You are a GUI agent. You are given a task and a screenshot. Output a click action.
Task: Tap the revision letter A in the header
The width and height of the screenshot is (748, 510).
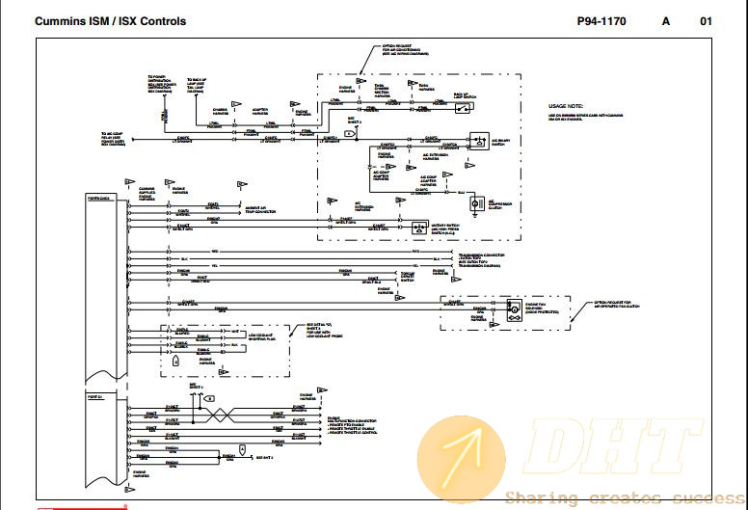pyautogui.click(x=665, y=21)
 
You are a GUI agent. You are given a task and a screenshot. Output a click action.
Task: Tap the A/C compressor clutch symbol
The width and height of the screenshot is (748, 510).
pyautogui.click(x=474, y=202)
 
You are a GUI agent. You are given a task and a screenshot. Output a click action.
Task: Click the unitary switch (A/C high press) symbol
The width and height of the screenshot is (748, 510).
pyautogui.click(x=419, y=228)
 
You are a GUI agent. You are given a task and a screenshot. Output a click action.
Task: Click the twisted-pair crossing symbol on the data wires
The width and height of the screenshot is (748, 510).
pyautogui.click(x=219, y=414)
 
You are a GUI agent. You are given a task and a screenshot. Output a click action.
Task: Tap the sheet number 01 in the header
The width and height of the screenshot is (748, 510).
pyautogui.click(x=706, y=21)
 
